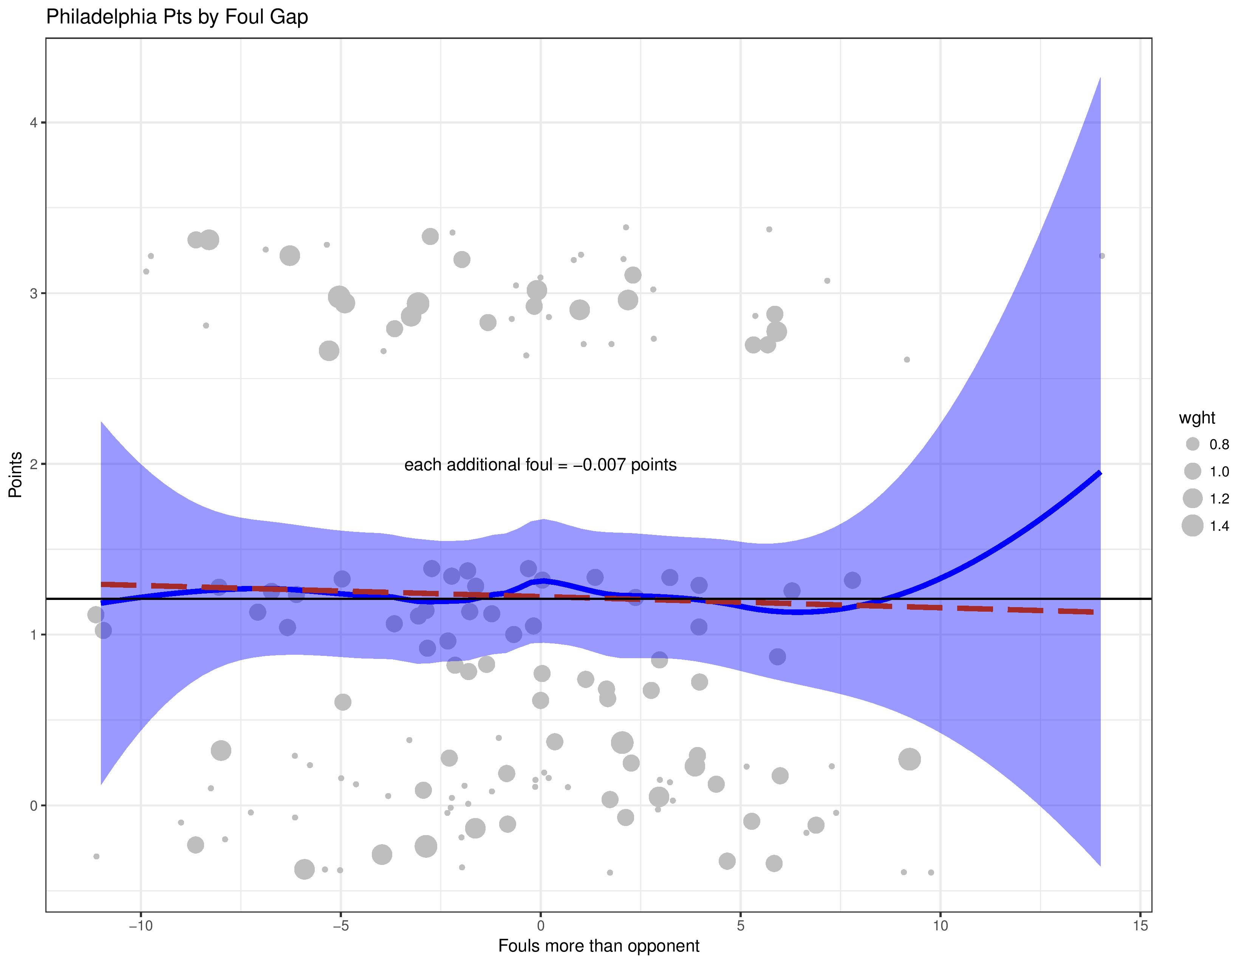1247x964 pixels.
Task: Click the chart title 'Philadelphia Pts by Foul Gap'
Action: (x=177, y=17)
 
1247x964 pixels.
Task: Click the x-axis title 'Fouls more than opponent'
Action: (x=599, y=946)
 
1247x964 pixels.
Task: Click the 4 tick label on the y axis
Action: (x=34, y=123)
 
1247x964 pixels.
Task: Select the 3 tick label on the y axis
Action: (x=34, y=293)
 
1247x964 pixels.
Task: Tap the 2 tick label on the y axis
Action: (x=34, y=464)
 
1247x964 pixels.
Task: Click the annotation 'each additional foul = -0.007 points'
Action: (x=540, y=465)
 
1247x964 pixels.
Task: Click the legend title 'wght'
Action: (x=1197, y=418)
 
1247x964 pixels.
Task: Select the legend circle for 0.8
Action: (x=1192, y=444)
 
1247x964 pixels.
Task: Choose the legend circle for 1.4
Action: (x=1192, y=525)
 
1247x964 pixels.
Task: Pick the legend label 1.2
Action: (x=1219, y=499)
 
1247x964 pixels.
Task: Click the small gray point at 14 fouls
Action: (x=1102, y=256)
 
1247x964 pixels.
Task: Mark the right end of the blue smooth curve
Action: (x=1100, y=473)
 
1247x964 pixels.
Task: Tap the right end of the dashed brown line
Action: (x=1092, y=612)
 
